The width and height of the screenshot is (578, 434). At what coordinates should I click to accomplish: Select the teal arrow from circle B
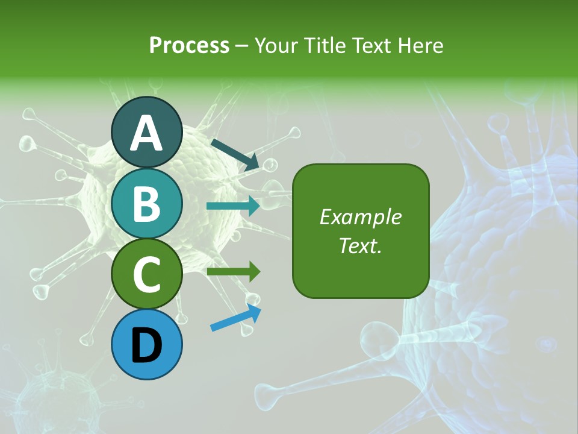[234, 206]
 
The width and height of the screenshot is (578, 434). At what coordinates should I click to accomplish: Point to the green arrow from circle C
[234, 272]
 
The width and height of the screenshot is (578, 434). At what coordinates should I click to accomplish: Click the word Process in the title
[189, 46]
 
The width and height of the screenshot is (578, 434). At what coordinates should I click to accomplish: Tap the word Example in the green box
[361, 217]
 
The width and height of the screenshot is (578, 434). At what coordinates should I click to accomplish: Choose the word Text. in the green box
[361, 245]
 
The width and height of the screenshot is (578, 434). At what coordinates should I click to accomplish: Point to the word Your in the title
[276, 46]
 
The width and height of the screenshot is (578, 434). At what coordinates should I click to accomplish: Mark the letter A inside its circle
[146, 134]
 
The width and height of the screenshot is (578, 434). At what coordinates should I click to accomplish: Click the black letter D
[146, 345]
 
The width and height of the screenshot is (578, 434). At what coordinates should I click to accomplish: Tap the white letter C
[146, 275]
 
